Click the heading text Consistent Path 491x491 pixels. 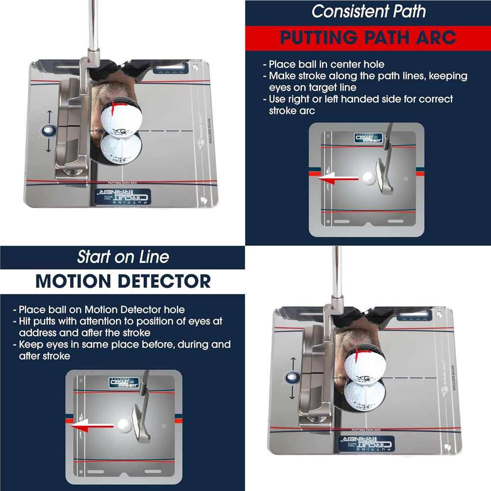[x=369, y=11]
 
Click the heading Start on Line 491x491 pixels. [x=123, y=256]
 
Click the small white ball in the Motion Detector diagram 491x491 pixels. [x=122, y=425]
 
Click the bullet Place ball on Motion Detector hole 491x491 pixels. [x=101, y=310]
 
